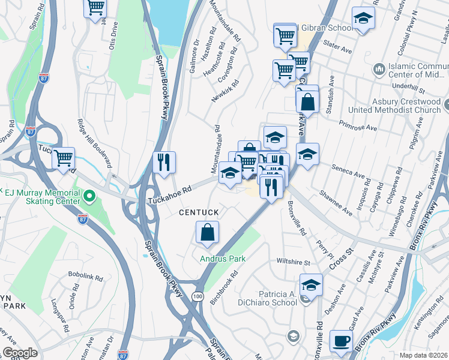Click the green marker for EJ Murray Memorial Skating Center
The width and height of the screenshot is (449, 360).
click(x=89, y=196)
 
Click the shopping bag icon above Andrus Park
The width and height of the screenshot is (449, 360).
click(x=207, y=233)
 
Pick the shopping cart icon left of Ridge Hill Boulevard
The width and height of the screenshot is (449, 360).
click(x=63, y=159)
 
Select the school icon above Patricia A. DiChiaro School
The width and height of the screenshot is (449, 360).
click(x=312, y=285)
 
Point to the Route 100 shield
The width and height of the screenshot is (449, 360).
click(x=197, y=297)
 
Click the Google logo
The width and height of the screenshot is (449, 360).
click(x=20, y=353)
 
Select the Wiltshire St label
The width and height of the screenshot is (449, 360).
click(x=293, y=262)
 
